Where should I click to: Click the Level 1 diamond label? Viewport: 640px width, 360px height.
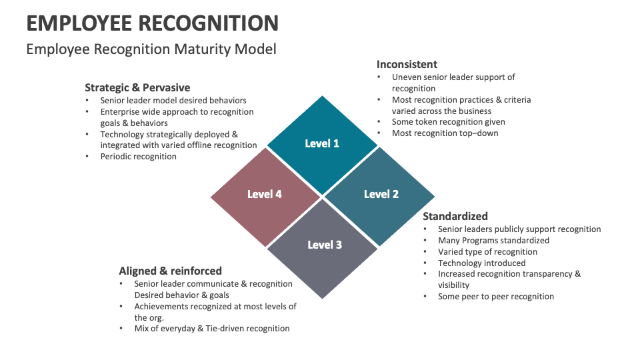pyautogui.click(x=322, y=143)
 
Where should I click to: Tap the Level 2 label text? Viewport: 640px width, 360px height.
pyautogui.click(x=381, y=194)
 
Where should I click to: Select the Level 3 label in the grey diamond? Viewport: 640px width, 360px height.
pyautogui.click(x=325, y=245)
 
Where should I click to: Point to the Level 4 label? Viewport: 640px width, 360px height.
pyautogui.click(x=264, y=194)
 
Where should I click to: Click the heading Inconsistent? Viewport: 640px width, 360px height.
pyautogui.click(x=407, y=65)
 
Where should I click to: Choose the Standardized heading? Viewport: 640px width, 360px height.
pyautogui.click(x=455, y=216)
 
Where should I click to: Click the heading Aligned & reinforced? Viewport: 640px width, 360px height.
pyautogui.click(x=170, y=271)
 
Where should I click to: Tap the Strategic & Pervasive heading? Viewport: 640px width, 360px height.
pyautogui.click(x=137, y=87)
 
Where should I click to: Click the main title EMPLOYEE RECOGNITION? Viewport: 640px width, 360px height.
pyautogui.click(x=153, y=24)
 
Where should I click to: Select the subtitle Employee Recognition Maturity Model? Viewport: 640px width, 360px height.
pyautogui.click(x=151, y=49)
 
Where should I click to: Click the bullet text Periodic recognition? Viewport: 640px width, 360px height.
pyautogui.click(x=138, y=156)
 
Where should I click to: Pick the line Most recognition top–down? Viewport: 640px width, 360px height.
pyautogui.click(x=445, y=133)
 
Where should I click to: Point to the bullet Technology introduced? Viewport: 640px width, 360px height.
pyautogui.click(x=481, y=263)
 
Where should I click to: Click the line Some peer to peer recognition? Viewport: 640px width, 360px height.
pyautogui.click(x=496, y=296)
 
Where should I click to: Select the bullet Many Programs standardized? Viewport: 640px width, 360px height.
pyautogui.click(x=493, y=240)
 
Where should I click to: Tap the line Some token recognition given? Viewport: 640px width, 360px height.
pyautogui.click(x=448, y=122)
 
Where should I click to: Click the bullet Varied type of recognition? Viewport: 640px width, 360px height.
pyautogui.click(x=487, y=251)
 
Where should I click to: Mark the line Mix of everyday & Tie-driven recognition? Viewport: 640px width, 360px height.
pyautogui.click(x=212, y=328)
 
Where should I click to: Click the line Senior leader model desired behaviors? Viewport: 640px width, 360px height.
pyautogui.click(x=173, y=100)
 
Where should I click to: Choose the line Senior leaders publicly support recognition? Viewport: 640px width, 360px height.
pyautogui.click(x=519, y=229)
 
